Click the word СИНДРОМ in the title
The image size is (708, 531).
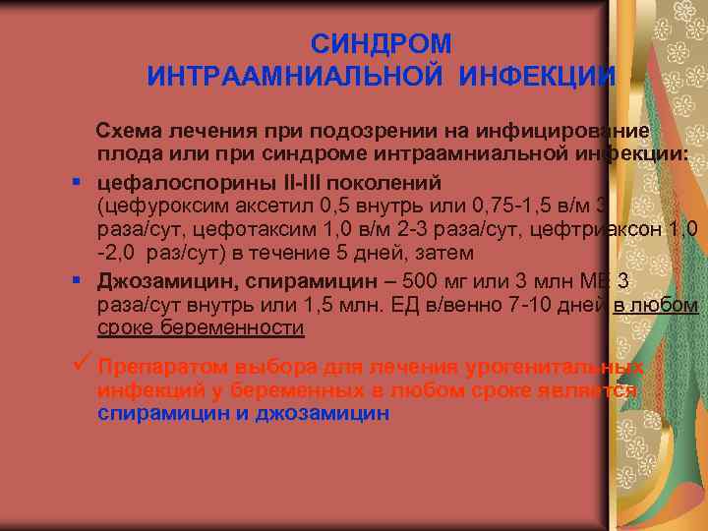click(x=382, y=44)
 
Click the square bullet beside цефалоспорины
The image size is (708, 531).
click(x=76, y=183)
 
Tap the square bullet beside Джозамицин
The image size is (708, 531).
click(x=76, y=282)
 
